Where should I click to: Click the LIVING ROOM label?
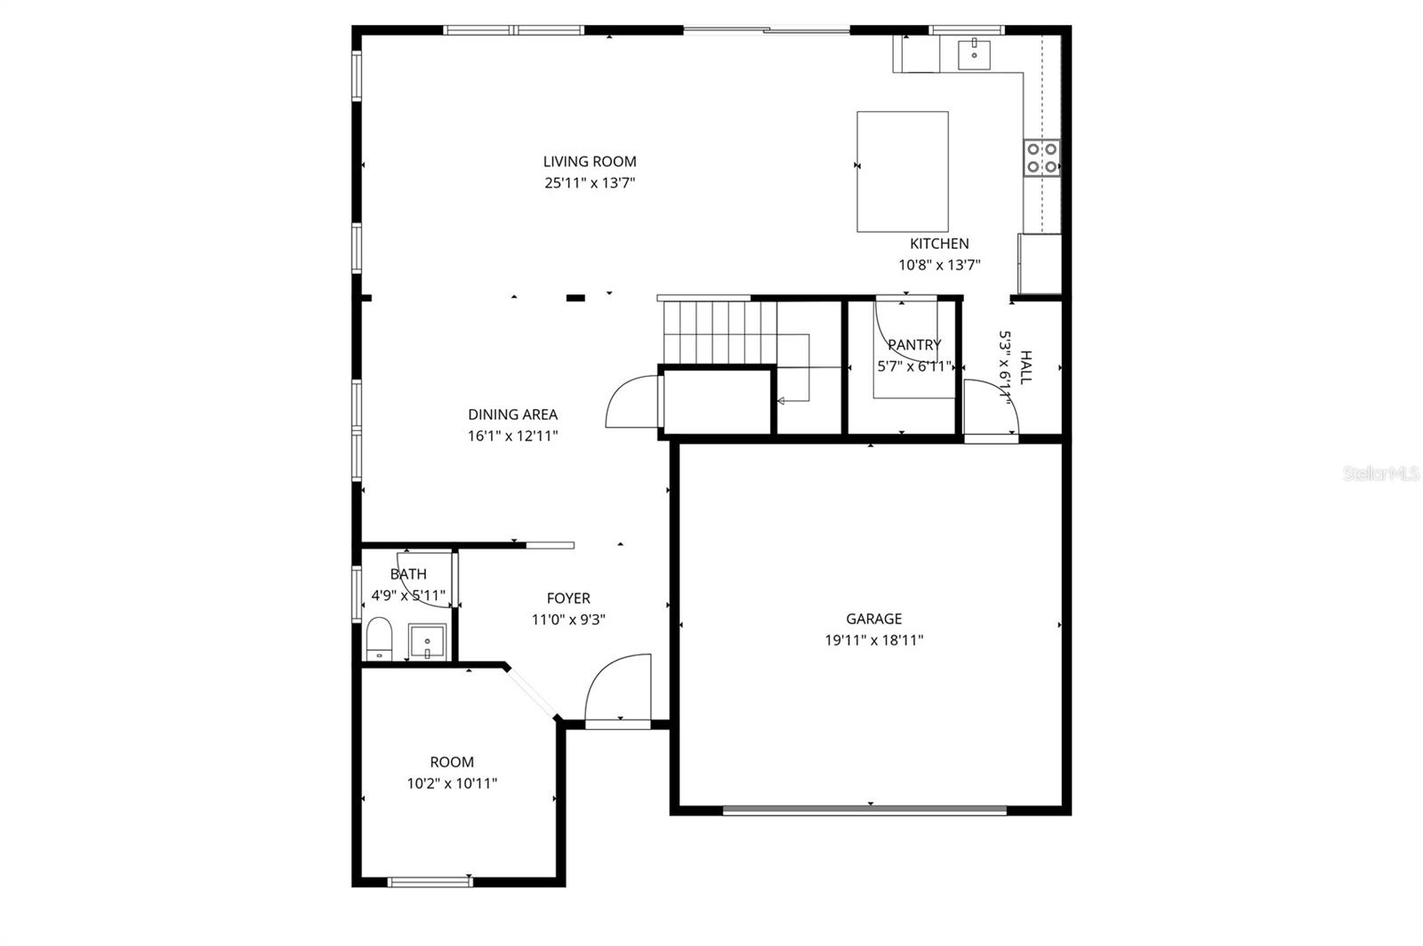[590, 162]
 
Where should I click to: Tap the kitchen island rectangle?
[902, 172]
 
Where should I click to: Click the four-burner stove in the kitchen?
[1041, 157]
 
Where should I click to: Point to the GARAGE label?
[873, 619]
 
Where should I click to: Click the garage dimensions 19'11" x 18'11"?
[873, 640]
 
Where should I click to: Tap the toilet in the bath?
[379, 637]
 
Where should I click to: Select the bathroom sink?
[427, 641]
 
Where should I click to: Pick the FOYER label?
[568, 598]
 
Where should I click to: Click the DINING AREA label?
[513, 414]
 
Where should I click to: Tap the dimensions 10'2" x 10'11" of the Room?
[452, 784]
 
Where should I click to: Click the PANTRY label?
[914, 345]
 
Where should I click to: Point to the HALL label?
[1025, 367]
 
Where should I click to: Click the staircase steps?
[716, 332]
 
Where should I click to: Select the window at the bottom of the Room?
[430, 882]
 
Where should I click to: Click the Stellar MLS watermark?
[1381, 474]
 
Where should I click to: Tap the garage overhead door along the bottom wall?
[864, 810]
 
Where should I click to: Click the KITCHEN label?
[939, 244]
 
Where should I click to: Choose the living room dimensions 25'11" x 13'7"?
[590, 184]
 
